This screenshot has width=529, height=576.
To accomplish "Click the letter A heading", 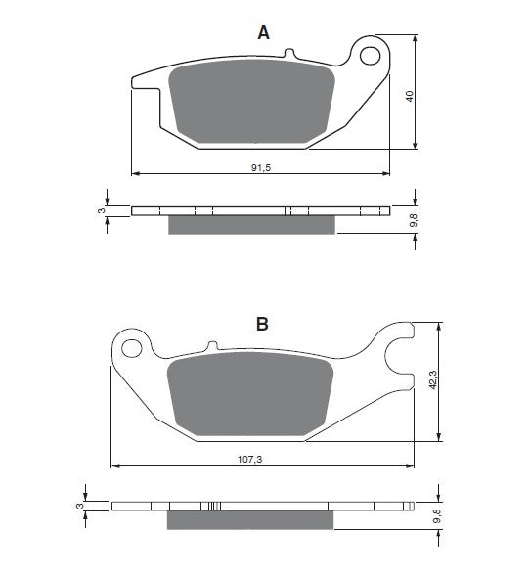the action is [x=263, y=33].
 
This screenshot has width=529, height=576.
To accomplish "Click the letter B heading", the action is [x=262, y=324].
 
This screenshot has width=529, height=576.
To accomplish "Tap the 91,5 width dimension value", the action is [x=261, y=167].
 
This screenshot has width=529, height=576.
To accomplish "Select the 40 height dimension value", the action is [x=410, y=96].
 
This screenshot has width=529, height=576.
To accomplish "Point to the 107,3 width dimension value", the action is [x=249, y=459].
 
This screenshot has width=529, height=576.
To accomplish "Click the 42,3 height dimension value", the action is [x=433, y=379].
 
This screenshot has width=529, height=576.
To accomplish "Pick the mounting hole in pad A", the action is [x=370, y=56].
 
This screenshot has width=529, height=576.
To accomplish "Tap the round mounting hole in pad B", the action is [x=131, y=348].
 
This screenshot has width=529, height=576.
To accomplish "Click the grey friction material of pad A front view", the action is [x=252, y=102].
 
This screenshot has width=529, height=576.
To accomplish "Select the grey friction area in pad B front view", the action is [x=250, y=394].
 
